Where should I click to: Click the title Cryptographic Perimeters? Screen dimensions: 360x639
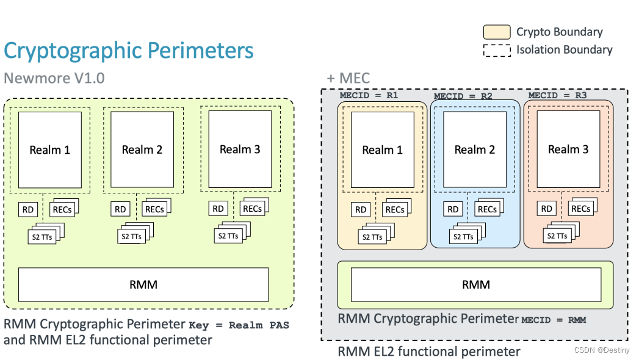tap(128, 51)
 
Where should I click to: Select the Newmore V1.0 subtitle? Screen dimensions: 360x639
tap(54, 79)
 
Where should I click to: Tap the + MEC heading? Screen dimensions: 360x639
tap(348, 79)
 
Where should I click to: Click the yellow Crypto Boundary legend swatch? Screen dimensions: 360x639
tap(497, 32)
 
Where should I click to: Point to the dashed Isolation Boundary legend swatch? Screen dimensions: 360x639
tap(497, 50)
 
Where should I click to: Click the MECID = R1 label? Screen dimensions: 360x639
tap(369, 95)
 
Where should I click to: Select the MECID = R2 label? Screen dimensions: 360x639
tap(463, 96)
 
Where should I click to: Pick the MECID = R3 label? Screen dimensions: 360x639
tap(557, 95)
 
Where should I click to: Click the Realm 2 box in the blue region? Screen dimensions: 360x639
tap(474, 149)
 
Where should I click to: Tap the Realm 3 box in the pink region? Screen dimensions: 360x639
tap(568, 149)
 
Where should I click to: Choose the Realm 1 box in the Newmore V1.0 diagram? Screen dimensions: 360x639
tap(49, 149)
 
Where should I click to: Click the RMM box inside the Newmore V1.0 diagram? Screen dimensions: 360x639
tap(143, 284)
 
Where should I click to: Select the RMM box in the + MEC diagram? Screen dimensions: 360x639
tap(475, 285)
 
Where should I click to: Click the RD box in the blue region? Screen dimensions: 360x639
tap(453, 210)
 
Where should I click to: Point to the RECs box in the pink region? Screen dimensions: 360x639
tap(580, 209)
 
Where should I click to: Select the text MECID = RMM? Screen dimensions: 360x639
tap(554, 320)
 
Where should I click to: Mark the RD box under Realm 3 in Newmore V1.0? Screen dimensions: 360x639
tap(218, 209)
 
